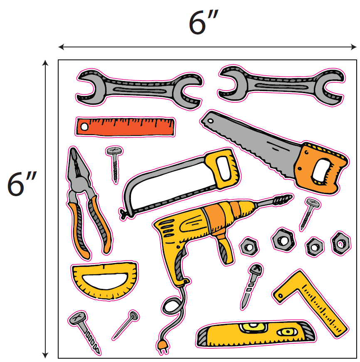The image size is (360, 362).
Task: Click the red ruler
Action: (x=126, y=127)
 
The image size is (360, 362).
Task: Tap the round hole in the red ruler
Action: (x=84, y=127)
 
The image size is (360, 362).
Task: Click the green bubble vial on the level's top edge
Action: (x=254, y=328)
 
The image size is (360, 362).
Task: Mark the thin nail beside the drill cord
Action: (x=126, y=325)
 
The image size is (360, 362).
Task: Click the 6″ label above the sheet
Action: (x=203, y=22)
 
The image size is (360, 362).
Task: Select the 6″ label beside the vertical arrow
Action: (x=22, y=184)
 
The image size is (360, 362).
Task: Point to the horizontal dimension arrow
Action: (x=207, y=47)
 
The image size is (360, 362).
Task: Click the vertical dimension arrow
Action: (x=45, y=209)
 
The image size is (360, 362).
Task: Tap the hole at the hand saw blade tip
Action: (x=210, y=121)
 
